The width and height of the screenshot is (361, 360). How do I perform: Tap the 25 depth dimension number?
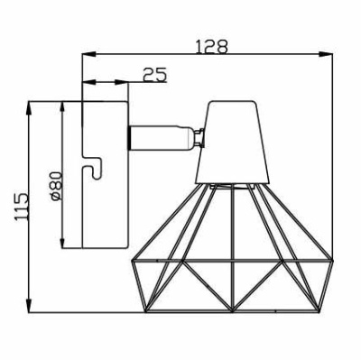[155, 75]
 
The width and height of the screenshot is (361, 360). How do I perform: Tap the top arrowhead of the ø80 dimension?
[61, 105]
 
